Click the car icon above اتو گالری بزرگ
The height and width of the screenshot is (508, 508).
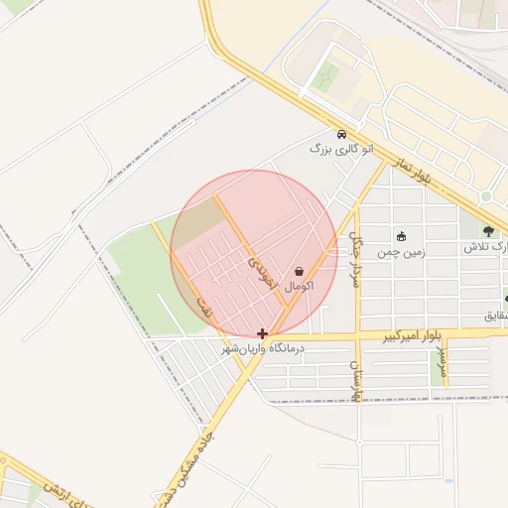(x=341, y=135)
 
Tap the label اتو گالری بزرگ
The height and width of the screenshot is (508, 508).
(x=331, y=150)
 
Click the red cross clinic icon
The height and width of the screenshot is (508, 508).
(x=262, y=334)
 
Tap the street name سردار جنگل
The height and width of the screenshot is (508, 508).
(x=354, y=258)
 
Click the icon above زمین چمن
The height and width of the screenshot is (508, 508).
(x=401, y=236)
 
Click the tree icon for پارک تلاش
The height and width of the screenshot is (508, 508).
(x=487, y=231)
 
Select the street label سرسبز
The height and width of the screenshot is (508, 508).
(x=444, y=365)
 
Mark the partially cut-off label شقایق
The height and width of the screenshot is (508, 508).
(x=494, y=316)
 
